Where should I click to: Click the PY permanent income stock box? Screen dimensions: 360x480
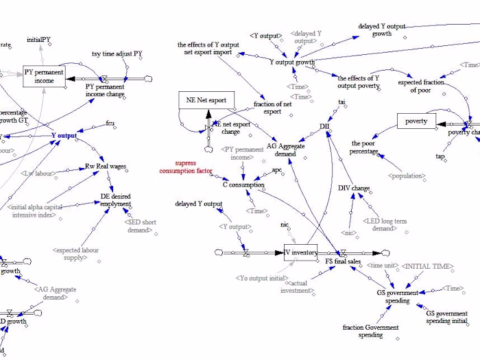(38, 76)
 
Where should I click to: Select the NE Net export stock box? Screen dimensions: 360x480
(206, 100)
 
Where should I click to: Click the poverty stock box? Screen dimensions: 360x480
(416, 121)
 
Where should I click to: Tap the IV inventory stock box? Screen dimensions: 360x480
(302, 252)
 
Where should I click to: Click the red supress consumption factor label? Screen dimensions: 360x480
(185, 167)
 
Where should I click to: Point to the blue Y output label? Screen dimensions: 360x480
(64, 135)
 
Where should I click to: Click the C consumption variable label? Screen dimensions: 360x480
(243, 184)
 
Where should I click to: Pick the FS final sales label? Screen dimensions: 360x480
(339, 261)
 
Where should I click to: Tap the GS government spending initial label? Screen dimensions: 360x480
(446, 317)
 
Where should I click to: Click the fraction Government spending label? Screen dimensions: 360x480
(371, 331)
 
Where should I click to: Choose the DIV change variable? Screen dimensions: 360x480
(355, 188)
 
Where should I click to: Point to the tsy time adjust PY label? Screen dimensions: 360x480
(117, 53)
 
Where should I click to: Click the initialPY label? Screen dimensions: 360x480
(38, 40)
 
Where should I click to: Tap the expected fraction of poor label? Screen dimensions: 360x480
(421, 86)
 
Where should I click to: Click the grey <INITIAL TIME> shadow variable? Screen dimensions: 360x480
(427, 265)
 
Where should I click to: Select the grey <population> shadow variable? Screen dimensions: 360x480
(406, 176)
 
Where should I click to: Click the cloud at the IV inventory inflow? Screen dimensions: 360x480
(220, 252)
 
